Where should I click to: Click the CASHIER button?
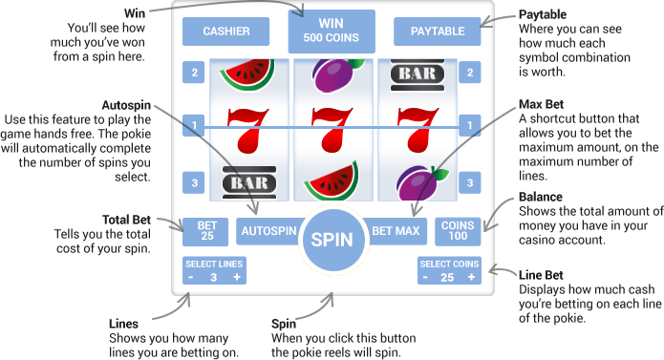click(226, 32)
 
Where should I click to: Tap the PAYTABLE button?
click(438, 32)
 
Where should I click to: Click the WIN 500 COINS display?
click(332, 31)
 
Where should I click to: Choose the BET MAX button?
click(396, 230)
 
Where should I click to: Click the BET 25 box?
click(207, 230)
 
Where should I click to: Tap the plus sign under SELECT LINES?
click(236, 277)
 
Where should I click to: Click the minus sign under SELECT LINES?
click(191, 277)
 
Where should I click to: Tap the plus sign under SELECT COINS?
click(471, 277)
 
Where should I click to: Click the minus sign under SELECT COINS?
click(426, 277)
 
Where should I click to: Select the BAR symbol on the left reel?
click(244, 181)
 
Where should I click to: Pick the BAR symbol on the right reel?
click(418, 72)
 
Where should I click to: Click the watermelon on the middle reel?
click(331, 179)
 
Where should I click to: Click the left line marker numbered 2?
click(195, 72)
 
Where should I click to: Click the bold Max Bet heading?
click(542, 103)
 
